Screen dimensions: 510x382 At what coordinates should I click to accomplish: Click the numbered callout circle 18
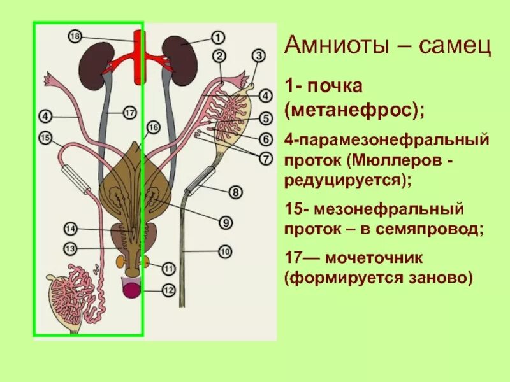coord(75,37)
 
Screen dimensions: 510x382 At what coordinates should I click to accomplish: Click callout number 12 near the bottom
coord(168,291)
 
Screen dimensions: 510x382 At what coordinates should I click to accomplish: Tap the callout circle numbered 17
coord(129,113)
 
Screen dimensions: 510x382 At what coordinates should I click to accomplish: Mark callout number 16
coord(152,127)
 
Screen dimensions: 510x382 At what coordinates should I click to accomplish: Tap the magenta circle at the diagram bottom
coord(131,291)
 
